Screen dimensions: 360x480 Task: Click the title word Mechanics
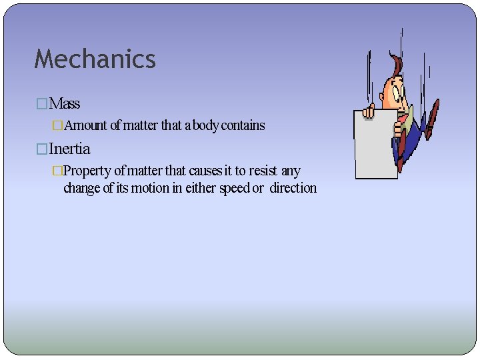(x=95, y=59)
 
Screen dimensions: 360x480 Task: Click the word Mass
(x=65, y=104)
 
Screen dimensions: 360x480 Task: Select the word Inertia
(x=69, y=149)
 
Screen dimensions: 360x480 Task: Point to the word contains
(x=243, y=125)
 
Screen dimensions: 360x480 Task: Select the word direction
(x=293, y=188)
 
